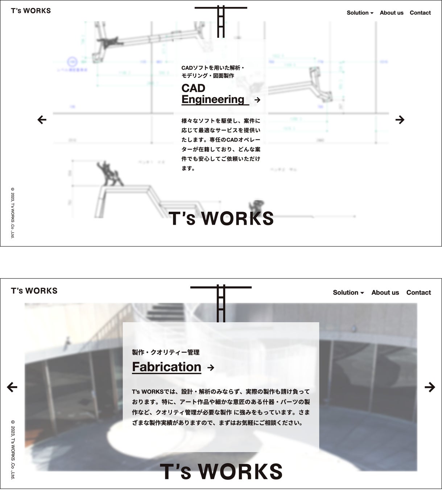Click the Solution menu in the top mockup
360,13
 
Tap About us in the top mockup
391,13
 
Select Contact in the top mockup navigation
420,13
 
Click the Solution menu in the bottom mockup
348,293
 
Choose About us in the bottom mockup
385,293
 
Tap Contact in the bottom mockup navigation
418,293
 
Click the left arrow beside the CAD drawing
42,120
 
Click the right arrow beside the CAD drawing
400,120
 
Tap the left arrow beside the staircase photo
12,387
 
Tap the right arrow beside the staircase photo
430,387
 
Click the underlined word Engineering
213,99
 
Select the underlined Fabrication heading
166,367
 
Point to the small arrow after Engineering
257,100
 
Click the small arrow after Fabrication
211,368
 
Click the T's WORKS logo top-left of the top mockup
31,11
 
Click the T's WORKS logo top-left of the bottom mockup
34,291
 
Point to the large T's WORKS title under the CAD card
221,219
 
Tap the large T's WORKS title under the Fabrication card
221,471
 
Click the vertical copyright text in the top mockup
13,213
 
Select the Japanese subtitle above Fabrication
166,352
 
